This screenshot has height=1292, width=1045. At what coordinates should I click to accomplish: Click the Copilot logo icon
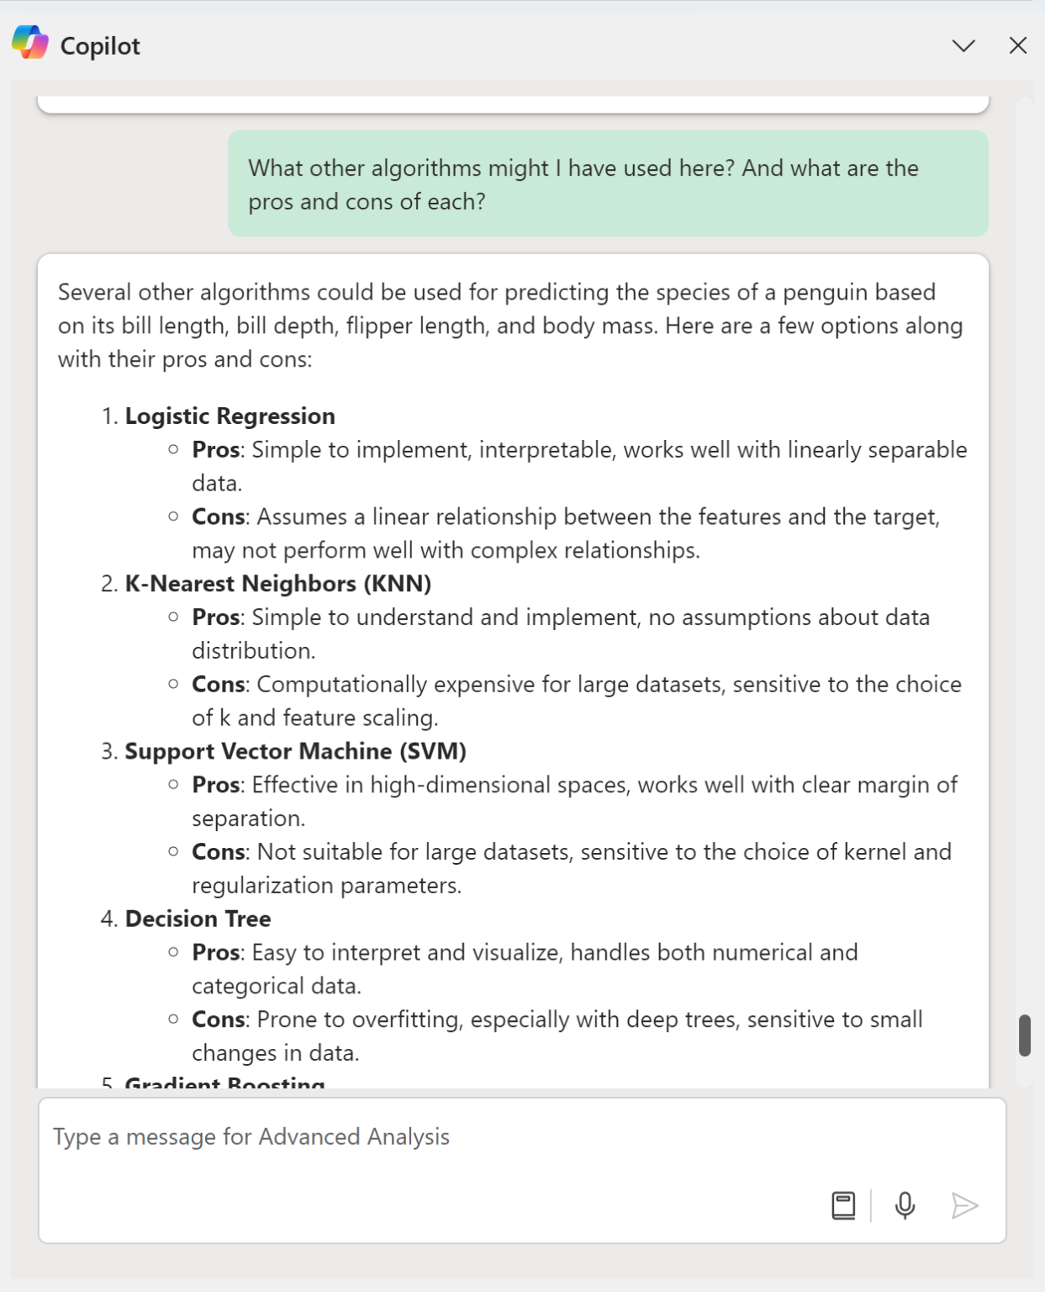(x=30, y=43)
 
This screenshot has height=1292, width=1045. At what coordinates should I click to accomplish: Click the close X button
(x=1017, y=45)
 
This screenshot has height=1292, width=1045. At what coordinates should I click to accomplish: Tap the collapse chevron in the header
(x=963, y=45)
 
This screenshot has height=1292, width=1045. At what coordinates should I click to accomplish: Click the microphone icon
(x=905, y=1205)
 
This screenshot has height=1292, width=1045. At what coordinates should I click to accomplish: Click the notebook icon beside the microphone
(x=843, y=1205)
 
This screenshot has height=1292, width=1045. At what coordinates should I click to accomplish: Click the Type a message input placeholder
(x=251, y=1136)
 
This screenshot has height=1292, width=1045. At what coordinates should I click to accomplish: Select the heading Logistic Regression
(x=230, y=416)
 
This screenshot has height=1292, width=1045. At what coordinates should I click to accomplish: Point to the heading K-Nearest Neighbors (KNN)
(x=277, y=584)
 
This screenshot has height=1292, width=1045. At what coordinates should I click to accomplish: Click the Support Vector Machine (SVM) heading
(x=295, y=751)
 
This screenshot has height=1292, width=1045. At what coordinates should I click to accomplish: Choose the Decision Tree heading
(x=198, y=919)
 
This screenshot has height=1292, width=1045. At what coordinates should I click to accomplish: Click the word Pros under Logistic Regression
(x=216, y=450)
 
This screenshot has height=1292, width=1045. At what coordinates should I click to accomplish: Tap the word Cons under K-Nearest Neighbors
(x=218, y=685)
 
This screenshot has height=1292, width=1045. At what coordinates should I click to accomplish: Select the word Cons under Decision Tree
(x=218, y=1019)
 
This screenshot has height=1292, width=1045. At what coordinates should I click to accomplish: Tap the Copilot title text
(x=100, y=46)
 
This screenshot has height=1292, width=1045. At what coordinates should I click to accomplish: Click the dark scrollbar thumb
(x=1024, y=1035)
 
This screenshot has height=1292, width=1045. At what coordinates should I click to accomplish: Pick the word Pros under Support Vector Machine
(x=216, y=785)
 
